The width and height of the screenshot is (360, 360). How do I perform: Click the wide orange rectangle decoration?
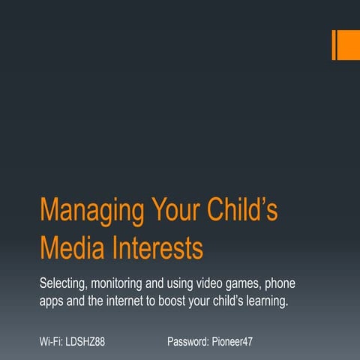(x=348, y=44)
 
